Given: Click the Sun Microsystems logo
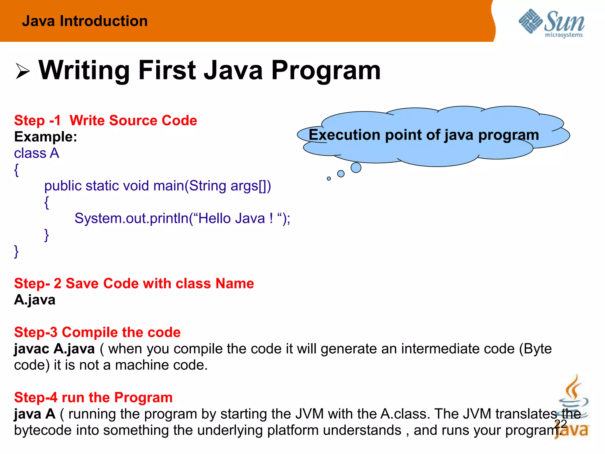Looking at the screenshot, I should click(551, 23).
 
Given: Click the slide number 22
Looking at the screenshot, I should click(560, 424).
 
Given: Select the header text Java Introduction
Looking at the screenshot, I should click(85, 21).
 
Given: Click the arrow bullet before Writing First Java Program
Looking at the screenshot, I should click(22, 71).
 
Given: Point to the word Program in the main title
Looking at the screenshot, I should click(326, 70).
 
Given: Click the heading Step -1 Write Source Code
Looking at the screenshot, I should click(105, 121).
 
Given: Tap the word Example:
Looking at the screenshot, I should click(45, 137).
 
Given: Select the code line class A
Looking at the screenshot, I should click(37, 153).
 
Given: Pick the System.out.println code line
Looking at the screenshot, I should click(182, 219).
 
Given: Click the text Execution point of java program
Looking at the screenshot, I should click(424, 135).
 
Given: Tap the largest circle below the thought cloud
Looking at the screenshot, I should click(356, 168).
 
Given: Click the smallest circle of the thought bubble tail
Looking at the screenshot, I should click(329, 179).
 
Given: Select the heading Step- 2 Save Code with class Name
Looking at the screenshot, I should click(134, 283).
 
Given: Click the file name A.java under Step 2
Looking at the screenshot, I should click(35, 300).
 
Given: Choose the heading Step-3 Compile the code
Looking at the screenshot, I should click(97, 332).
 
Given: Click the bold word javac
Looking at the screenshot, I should click(32, 349).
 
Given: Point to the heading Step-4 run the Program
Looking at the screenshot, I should click(93, 398).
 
